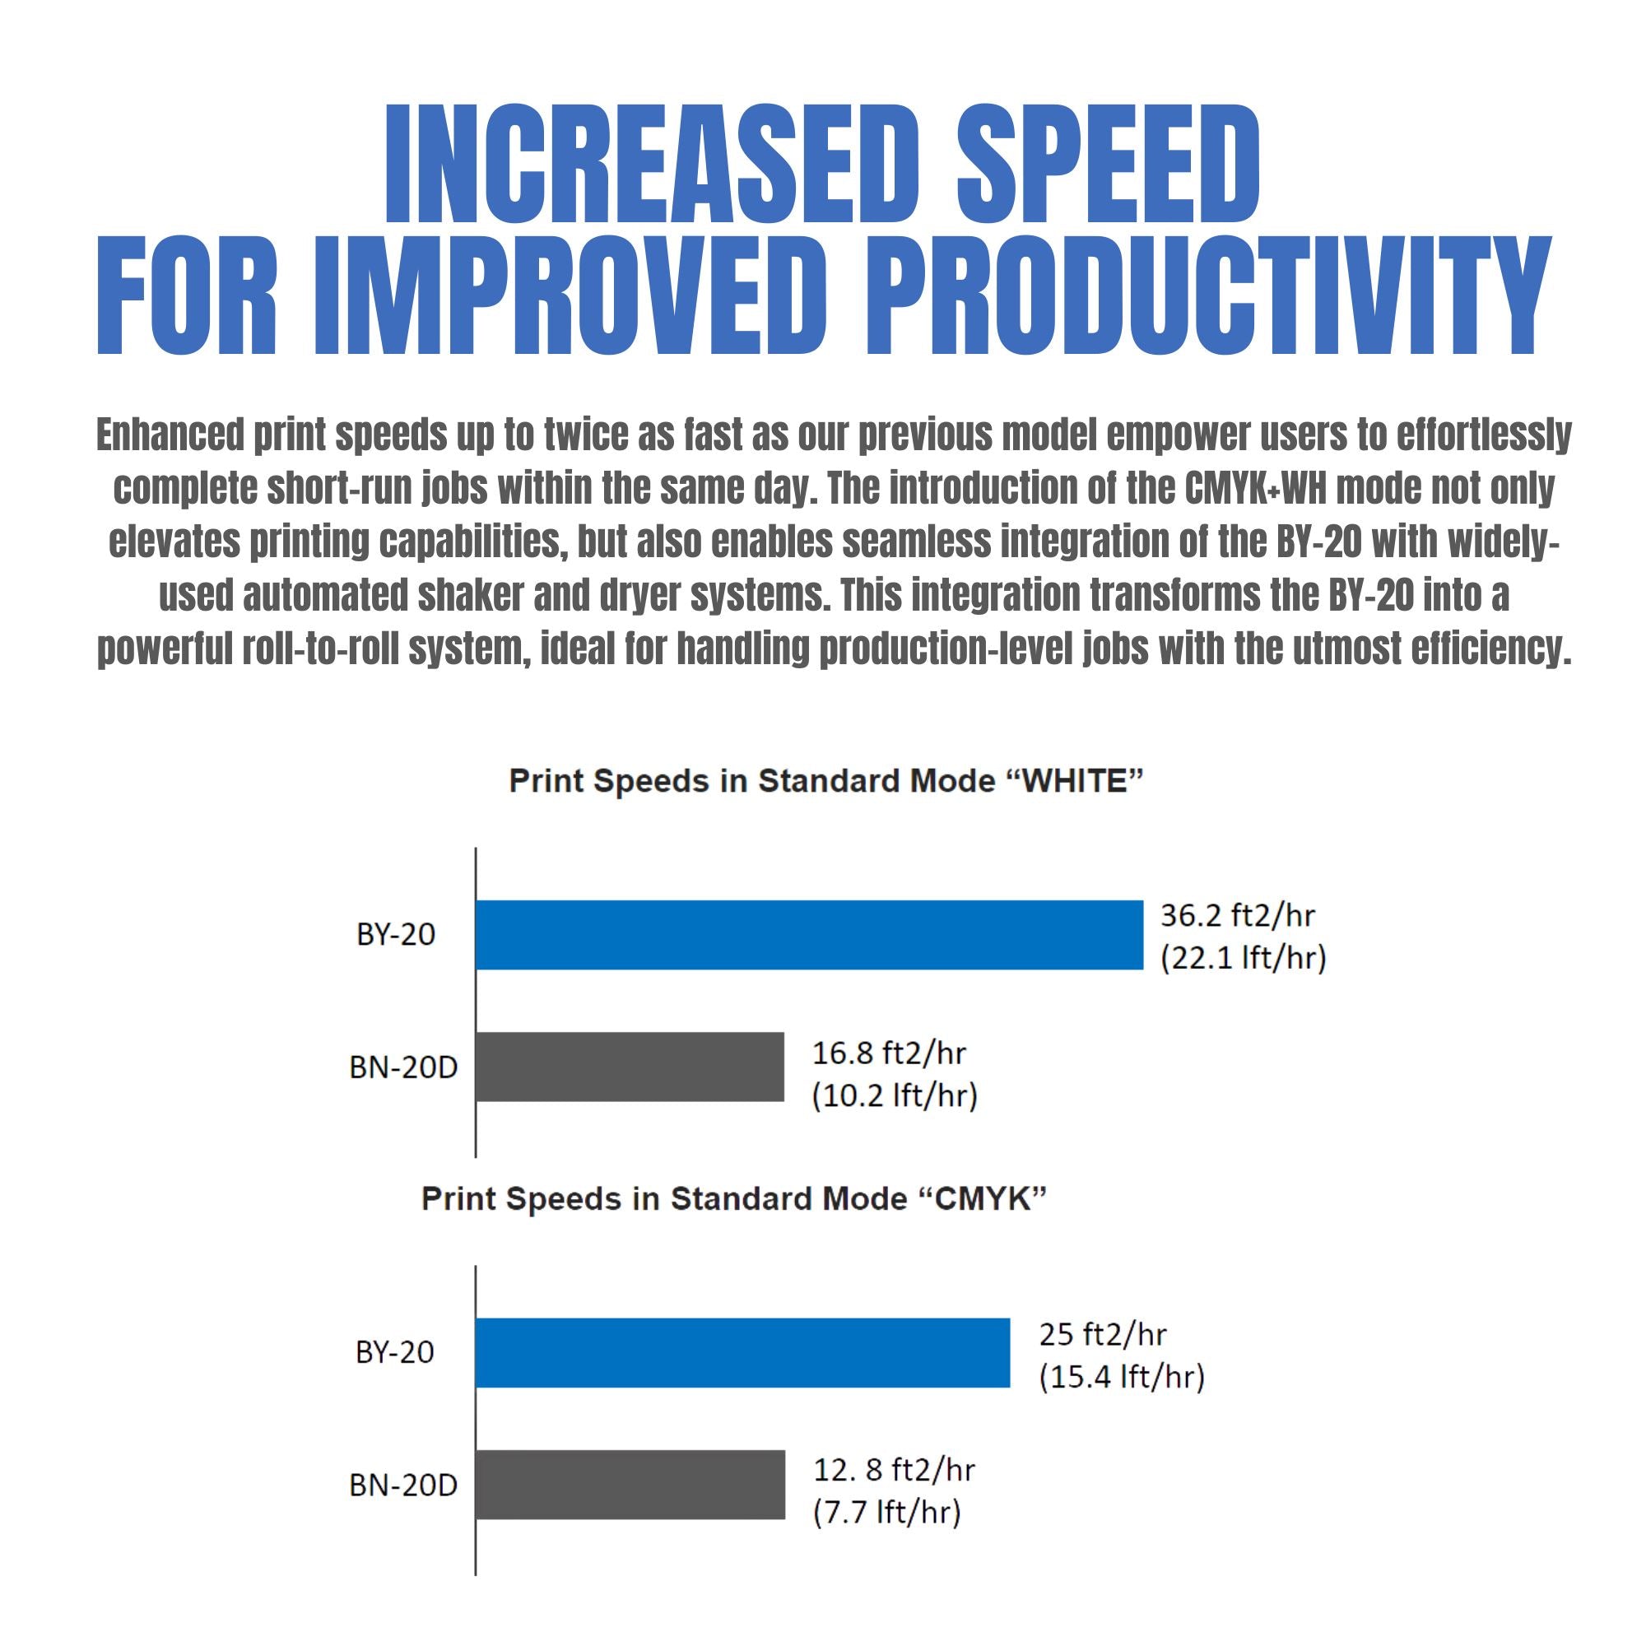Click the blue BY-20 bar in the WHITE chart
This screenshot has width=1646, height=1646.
(x=808, y=935)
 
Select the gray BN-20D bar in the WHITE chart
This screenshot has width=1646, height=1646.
(x=630, y=1067)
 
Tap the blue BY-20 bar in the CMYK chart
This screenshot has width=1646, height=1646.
(x=742, y=1352)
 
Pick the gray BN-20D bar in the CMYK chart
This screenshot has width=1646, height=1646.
(x=630, y=1485)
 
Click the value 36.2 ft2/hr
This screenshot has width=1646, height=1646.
(x=1237, y=916)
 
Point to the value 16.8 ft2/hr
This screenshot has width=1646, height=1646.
(x=889, y=1053)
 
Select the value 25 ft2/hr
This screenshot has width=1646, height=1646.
(x=1102, y=1334)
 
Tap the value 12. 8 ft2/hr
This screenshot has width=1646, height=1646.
(x=894, y=1470)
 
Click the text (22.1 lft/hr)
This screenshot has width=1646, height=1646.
(x=1243, y=959)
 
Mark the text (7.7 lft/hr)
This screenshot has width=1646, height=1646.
(x=887, y=1512)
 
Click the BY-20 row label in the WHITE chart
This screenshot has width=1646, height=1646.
(x=395, y=935)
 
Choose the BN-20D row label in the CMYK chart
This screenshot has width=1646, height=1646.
(x=403, y=1485)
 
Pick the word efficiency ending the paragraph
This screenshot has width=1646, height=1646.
(x=1490, y=649)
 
